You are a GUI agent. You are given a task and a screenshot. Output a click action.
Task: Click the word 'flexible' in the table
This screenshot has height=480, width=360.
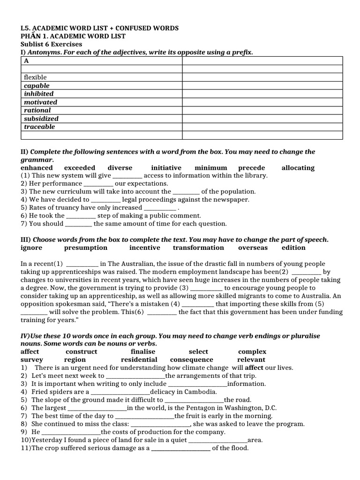click(x=36, y=77)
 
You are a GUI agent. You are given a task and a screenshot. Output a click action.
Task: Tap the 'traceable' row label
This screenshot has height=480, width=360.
click(x=39, y=127)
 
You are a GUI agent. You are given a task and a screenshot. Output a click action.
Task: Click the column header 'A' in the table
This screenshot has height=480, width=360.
click(x=27, y=60)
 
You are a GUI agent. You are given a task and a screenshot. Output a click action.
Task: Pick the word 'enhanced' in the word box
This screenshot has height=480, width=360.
click(x=37, y=167)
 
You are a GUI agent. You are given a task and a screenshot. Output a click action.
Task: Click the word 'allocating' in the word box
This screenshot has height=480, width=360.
click(x=298, y=167)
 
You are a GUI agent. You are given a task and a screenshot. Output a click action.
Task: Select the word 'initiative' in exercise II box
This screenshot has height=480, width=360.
click(x=166, y=167)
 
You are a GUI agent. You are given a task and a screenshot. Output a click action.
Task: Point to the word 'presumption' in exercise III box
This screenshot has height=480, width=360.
click(x=86, y=247)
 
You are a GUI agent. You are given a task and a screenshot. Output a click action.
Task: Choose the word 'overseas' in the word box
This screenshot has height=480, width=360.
click(x=253, y=247)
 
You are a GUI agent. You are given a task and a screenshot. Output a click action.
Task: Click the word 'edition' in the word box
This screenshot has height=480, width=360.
click(x=293, y=247)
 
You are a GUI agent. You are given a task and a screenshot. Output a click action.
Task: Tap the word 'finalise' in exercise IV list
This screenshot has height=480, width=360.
click(x=143, y=352)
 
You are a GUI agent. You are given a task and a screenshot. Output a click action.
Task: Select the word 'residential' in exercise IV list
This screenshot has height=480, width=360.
click(x=139, y=360)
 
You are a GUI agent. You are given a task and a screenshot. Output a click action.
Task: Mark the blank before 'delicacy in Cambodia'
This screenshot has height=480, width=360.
click(x=120, y=392)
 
